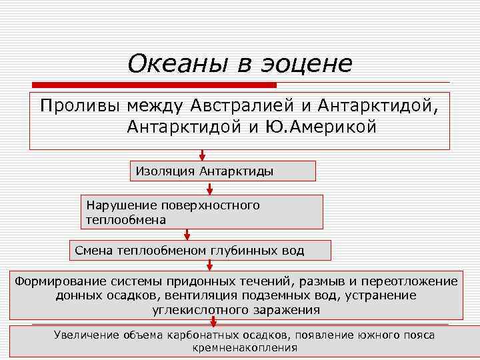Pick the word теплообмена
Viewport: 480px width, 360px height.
coord(126,219)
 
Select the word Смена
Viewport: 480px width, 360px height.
coord(93,251)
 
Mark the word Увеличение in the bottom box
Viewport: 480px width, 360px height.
coord(87,335)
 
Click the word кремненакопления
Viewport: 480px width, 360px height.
coord(245,347)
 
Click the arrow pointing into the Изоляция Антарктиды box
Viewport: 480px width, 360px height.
coord(202,155)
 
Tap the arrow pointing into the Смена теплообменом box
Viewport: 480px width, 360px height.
coord(187,234)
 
